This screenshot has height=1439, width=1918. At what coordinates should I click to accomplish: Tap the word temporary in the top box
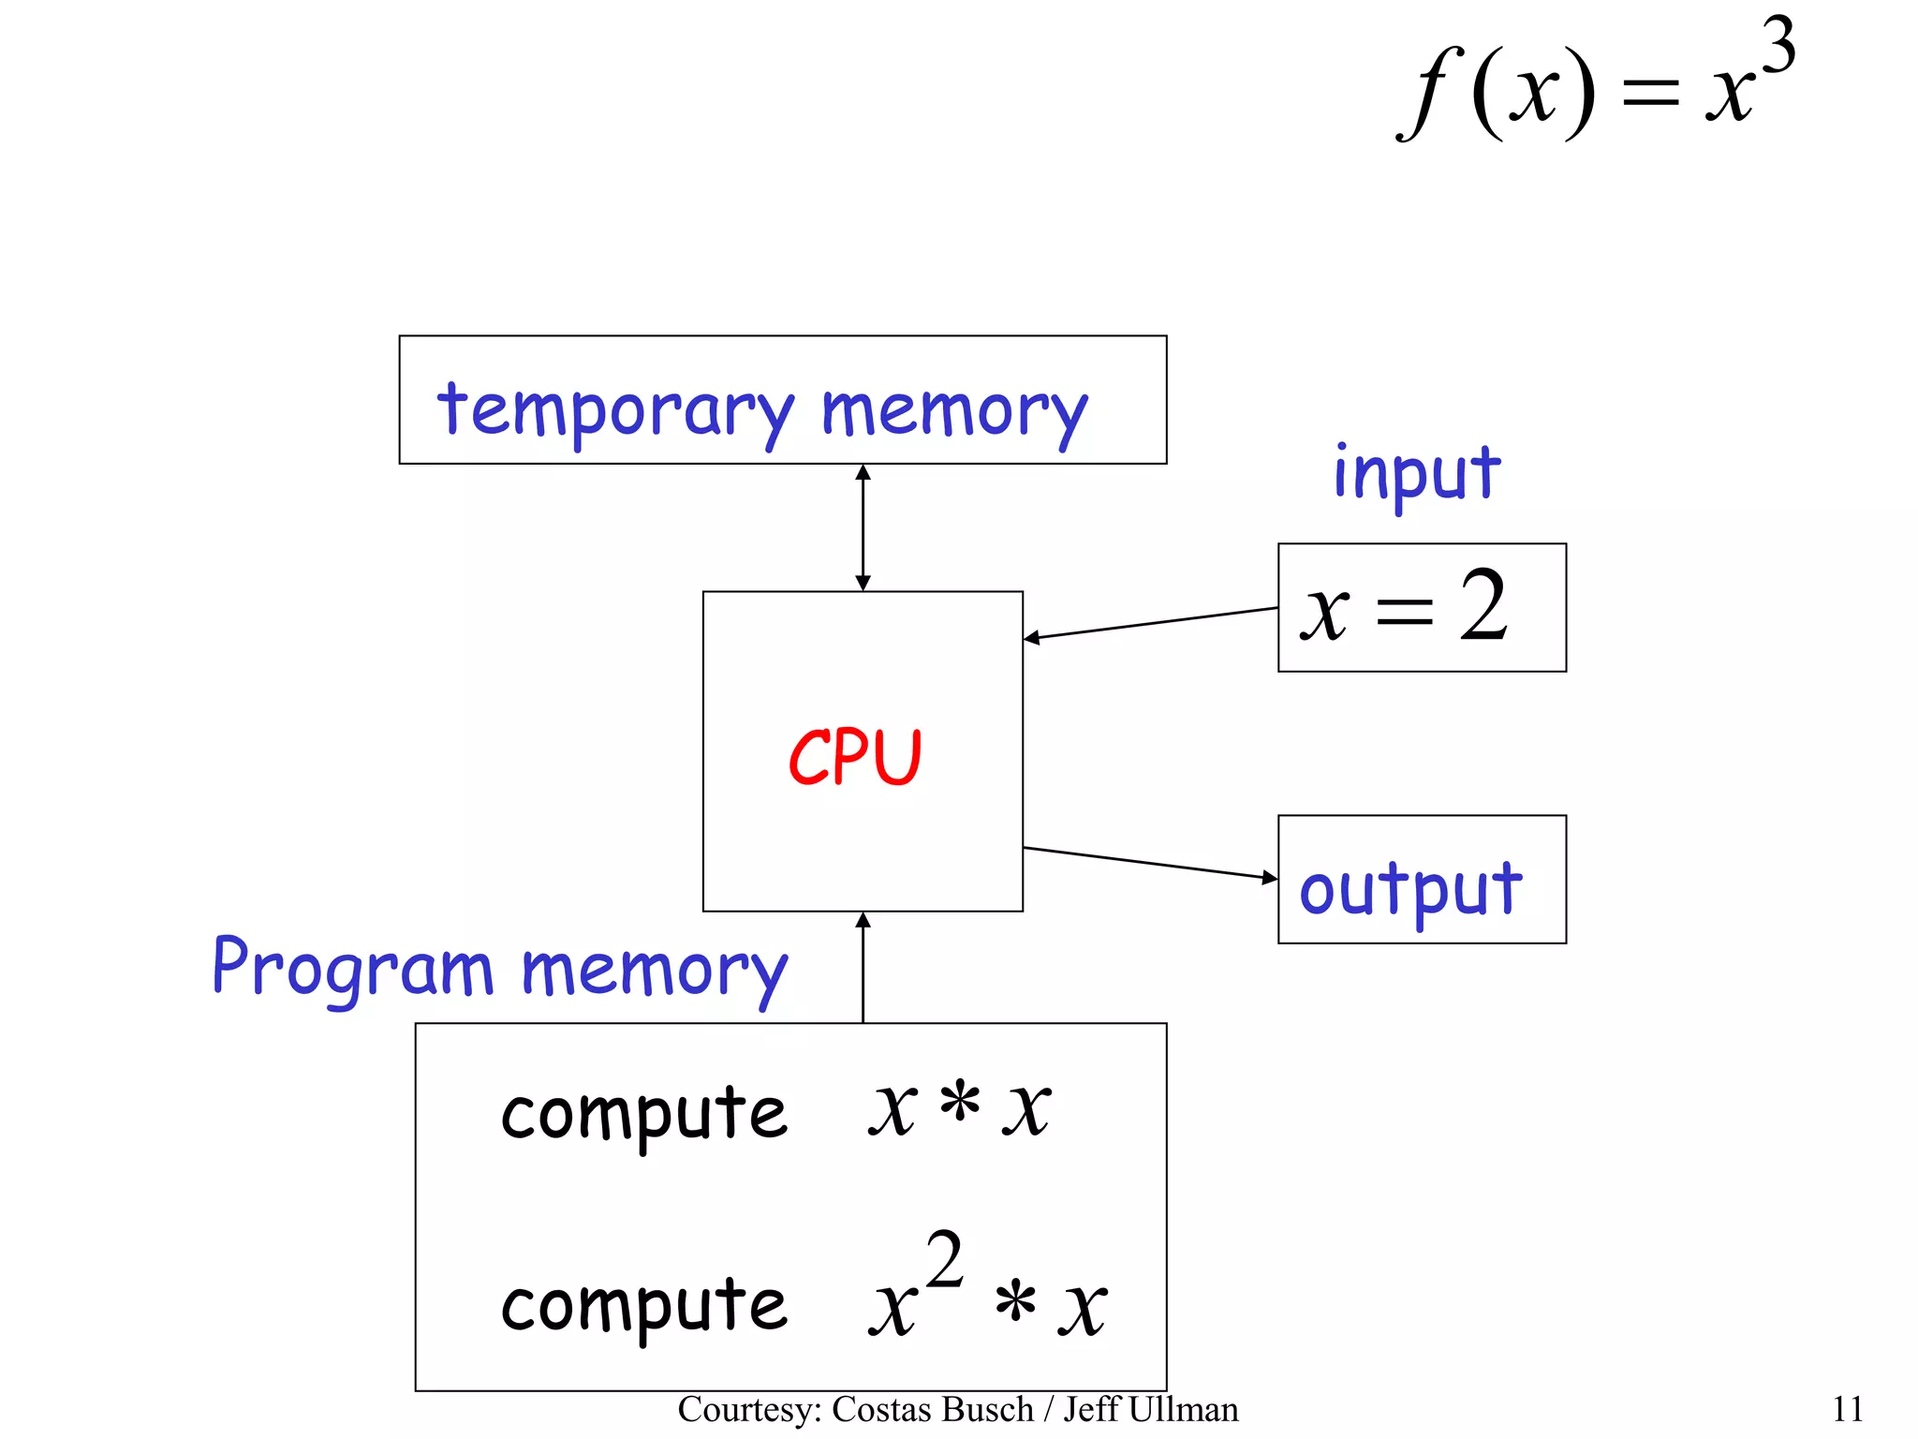615,411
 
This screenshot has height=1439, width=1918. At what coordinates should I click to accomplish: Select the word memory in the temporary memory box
954,411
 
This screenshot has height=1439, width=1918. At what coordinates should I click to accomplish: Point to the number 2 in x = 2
1483,607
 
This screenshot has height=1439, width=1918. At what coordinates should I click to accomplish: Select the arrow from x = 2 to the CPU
1151,623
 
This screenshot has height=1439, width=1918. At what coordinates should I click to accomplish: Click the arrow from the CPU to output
1151,863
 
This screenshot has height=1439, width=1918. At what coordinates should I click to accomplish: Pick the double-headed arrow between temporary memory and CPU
863,527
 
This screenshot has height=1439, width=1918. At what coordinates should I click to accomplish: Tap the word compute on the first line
644,1115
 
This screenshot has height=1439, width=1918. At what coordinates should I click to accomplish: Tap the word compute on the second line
644,1306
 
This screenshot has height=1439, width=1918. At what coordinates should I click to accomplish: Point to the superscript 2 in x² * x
944,1260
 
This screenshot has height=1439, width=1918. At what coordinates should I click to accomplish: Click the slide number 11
1847,1409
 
